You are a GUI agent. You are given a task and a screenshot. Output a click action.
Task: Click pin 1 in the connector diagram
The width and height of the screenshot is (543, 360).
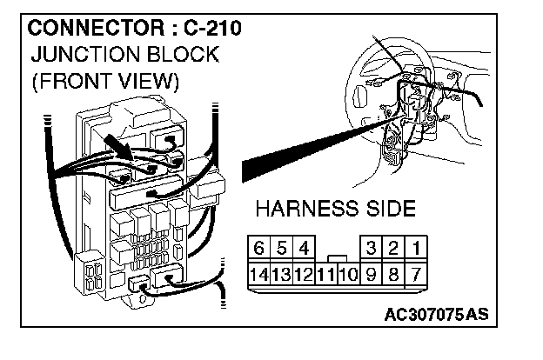click(417, 250)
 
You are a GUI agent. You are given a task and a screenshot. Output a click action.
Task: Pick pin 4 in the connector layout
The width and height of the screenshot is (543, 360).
click(303, 250)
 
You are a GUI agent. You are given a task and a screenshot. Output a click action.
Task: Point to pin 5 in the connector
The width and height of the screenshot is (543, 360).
click(281, 250)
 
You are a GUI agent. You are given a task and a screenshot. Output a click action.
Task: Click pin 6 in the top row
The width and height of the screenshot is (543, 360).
click(259, 250)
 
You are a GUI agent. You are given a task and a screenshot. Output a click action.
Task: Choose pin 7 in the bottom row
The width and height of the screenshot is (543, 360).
click(417, 276)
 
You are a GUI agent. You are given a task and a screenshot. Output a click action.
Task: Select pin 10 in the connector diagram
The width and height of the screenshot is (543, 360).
click(347, 276)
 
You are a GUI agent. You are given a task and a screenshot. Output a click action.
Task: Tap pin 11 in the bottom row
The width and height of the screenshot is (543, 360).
click(325, 276)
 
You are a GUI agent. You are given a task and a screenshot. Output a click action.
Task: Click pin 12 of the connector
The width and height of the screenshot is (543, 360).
click(303, 276)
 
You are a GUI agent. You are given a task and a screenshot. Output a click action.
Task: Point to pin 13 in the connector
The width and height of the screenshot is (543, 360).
click(281, 276)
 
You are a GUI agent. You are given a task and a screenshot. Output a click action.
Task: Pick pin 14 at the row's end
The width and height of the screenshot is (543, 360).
click(258, 276)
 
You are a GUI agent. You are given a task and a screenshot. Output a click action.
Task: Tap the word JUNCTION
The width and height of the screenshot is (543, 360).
click(79, 55)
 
